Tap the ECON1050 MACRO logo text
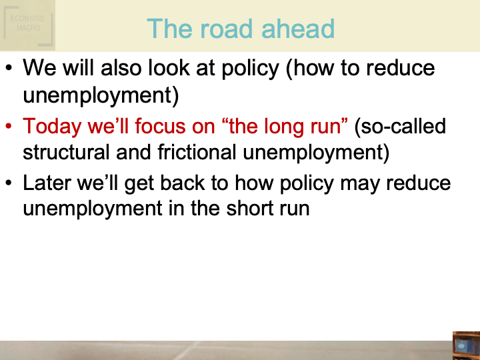click(28, 24)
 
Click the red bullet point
click(8, 125)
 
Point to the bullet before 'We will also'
click(8, 69)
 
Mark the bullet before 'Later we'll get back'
click(8, 183)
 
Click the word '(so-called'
click(400, 125)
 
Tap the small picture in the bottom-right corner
click(466, 345)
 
